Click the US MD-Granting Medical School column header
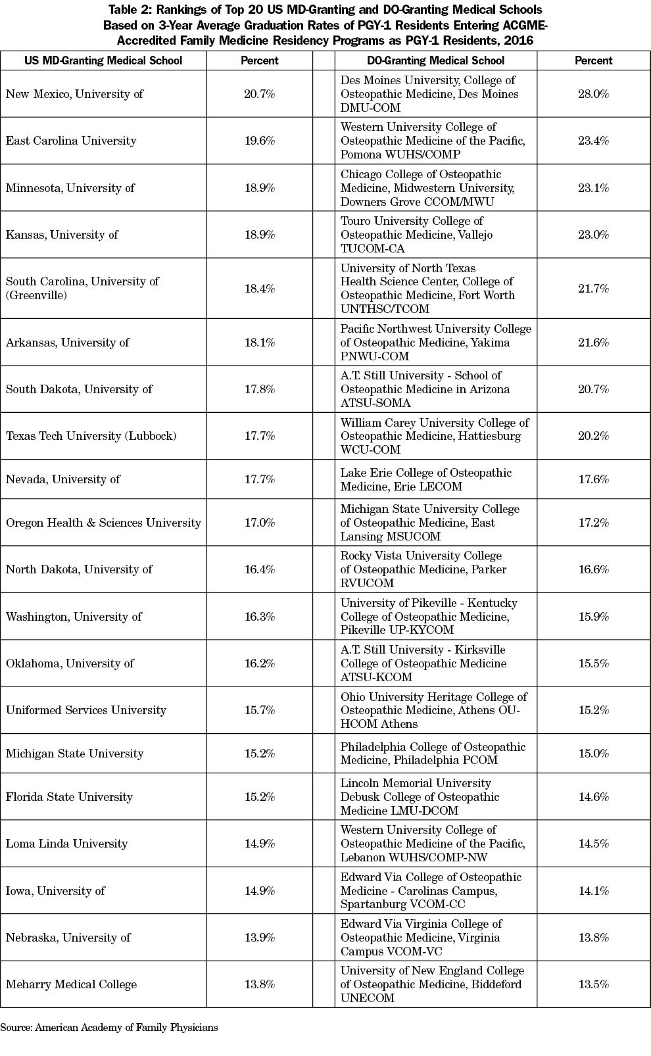pos(103,60)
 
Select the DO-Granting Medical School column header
pos(435,60)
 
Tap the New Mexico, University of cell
pos(74,94)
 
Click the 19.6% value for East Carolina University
pos(259,141)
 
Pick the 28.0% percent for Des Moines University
pos(593,94)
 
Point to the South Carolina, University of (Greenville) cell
pos(82,288)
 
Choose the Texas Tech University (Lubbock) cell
pos(91,436)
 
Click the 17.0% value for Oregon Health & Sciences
pos(259,523)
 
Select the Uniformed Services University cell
pos(85,710)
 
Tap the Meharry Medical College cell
pos(71,984)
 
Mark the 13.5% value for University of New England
pos(593,984)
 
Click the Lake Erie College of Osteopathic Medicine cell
pos(425,479)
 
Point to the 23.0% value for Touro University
pos(593,235)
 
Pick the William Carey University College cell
pos(434,436)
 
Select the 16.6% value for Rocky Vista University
pos(593,569)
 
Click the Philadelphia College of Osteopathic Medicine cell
pos(433,754)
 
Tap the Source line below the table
pos(109,1027)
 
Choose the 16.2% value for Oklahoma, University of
pos(259,663)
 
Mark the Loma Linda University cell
pos(66,844)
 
